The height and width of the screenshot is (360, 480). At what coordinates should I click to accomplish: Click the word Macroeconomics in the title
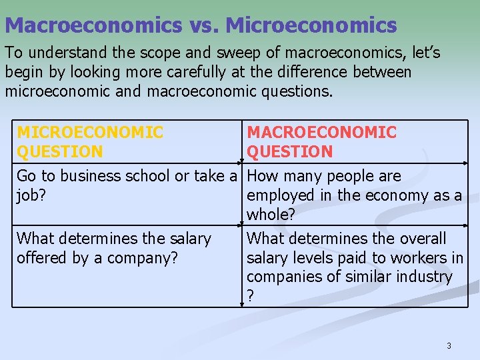point(93,25)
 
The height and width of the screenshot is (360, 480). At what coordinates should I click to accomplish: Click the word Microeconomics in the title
point(311,25)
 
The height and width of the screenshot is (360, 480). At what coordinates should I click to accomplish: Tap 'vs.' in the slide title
point(203,25)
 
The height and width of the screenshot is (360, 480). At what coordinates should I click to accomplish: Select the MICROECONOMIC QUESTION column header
point(90,142)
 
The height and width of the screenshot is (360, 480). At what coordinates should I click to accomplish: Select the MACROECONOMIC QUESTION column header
point(321,142)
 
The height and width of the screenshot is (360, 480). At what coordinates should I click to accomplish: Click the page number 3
point(449,345)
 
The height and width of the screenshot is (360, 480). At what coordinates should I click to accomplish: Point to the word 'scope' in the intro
point(197,52)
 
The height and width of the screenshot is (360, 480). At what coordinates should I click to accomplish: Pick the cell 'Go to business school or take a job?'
point(127,185)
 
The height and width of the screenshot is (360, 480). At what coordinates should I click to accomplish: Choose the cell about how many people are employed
point(353,195)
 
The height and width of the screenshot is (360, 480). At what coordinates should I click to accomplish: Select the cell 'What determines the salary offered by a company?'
point(113,248)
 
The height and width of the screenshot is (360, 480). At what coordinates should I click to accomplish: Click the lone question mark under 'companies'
point(250,296)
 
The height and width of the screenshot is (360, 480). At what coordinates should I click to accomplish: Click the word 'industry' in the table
point(422,277)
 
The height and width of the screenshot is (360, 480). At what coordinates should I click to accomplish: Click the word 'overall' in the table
point(421,239)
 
